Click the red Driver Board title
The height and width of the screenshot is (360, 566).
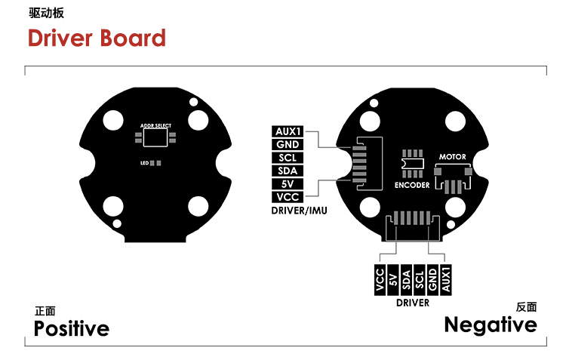point(97,38)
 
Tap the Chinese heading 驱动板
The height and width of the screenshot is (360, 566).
point(46,13)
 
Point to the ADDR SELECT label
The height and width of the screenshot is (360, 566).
point(155,125)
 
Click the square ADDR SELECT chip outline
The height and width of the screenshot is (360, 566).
point(155,137)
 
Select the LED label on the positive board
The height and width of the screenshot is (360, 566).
point(144,163)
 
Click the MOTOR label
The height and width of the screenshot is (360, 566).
point(452,157)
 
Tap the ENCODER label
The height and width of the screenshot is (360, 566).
point(412,185)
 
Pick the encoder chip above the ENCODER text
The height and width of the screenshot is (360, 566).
point(412,164)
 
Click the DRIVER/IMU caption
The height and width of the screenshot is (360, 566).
point(300,211)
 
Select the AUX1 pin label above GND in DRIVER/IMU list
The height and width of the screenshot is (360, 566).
point(288,131)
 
